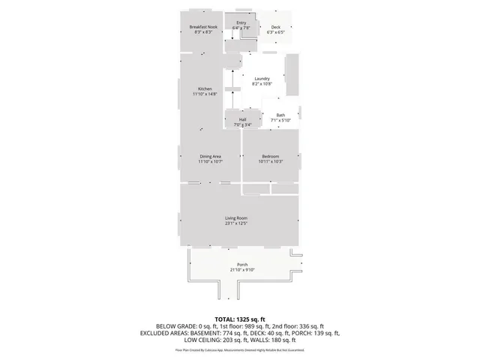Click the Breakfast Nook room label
(203, 27)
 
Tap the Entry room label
(241, 23)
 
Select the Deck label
(275, 28)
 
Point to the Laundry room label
(262, 79)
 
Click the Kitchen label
(205, 88)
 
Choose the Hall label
(243, 119)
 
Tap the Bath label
(280, 115)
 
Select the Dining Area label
(210, 156)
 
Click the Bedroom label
(270, 156)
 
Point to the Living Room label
(236, 217)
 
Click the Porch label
(242, 265)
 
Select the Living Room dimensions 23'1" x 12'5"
(236, 223)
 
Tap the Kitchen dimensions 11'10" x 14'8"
(205, 94)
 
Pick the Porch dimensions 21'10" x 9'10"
(242, 270)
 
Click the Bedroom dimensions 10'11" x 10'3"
(270, 162)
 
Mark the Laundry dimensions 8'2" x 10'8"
(262, 84)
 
